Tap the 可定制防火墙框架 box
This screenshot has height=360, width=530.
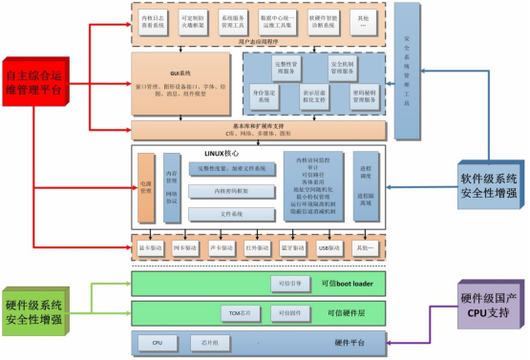click(194, 23)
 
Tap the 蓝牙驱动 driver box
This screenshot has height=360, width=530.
click(293, 248)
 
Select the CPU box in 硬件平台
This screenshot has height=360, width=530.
click(158, 340)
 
